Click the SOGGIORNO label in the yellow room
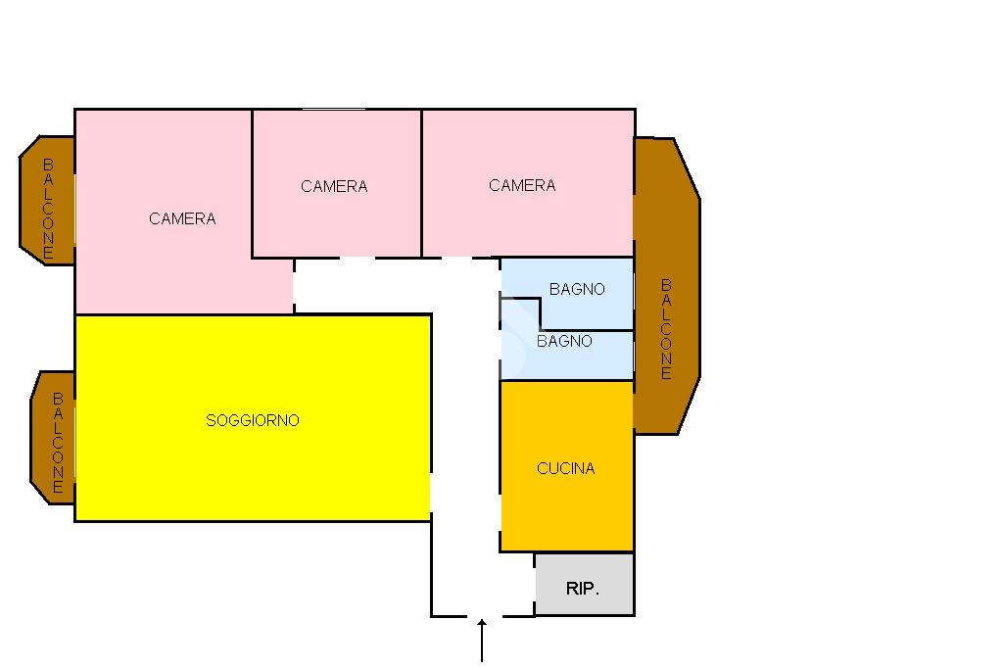tap(253, 420)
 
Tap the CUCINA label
tap(566, 468)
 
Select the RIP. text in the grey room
tap(583, 589)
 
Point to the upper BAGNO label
tap(577, 289)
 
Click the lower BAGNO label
tap(564, 341)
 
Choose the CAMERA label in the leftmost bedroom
tap(182, 218)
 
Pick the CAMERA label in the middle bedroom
tap(334, 186)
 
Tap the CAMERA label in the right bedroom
tap(522, 185)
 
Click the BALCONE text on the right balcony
tap(666, 329)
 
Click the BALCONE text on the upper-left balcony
tap(48, 209)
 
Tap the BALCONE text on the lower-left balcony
tap(58, 442)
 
